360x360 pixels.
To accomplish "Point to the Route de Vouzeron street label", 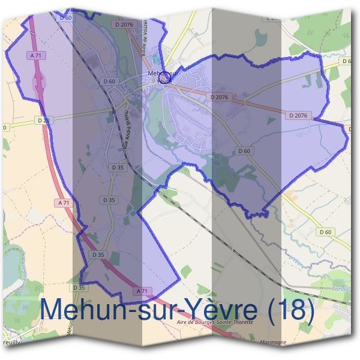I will (145, 37).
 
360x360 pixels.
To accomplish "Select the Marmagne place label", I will (274, 342).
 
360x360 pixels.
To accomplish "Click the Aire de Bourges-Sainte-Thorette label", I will (215, 322).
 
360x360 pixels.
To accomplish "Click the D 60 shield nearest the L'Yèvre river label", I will (326, 232).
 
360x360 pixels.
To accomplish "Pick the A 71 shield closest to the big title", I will (142, 290).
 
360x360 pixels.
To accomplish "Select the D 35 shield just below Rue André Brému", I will (118, 168).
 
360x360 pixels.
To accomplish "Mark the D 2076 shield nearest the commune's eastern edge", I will (298, 115).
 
